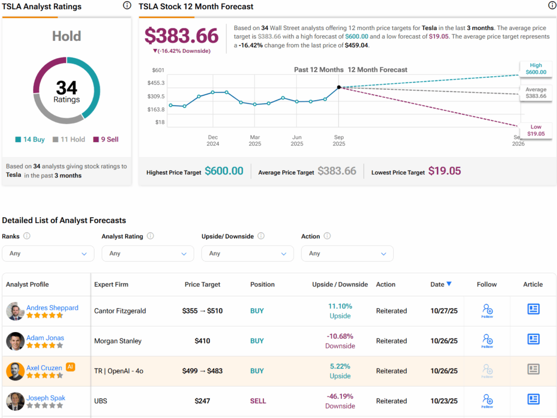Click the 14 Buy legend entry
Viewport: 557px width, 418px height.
(30, 139)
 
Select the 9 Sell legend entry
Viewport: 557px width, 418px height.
(106, 139)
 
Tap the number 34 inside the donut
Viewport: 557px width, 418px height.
(66, 88)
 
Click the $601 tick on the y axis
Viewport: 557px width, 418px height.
(158, 70)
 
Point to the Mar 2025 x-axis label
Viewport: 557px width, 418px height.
(255, 140)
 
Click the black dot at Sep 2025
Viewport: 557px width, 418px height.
(339, 87)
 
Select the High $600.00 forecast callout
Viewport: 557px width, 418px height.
(535, 69)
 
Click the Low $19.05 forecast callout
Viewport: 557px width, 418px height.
(535, 130)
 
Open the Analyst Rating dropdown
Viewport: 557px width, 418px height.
(147, 254)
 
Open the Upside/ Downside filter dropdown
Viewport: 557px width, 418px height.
(247, 254)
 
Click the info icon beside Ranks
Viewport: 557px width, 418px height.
(27, 236)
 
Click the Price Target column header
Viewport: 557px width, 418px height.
(202, 284)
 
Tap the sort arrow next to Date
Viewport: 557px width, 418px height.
(449, 284)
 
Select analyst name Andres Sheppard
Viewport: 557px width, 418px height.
(52, 308)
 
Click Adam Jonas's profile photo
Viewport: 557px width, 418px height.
(15, 341)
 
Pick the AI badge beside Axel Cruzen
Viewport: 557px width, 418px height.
(70, 367)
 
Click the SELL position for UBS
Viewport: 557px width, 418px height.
(258, 401)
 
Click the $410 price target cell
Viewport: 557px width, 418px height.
(202, 341)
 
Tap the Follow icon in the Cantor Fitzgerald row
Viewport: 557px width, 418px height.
(487, 311)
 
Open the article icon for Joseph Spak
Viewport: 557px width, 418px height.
(533, 399)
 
